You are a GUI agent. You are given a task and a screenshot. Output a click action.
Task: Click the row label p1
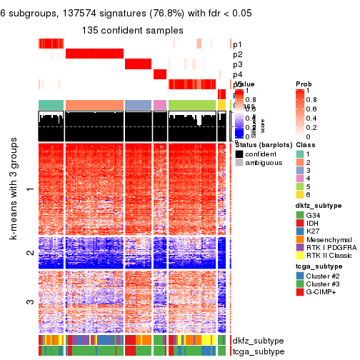click(237, 44)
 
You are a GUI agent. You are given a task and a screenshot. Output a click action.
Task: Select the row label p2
click(237, 54)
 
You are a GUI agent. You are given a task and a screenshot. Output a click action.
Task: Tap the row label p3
click(237, 64)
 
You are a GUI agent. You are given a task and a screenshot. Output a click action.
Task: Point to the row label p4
click(237, 74)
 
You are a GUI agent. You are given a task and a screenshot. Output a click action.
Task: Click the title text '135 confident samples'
click(132, 30)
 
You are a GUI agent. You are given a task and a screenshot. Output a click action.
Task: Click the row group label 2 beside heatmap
click(29, 254)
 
